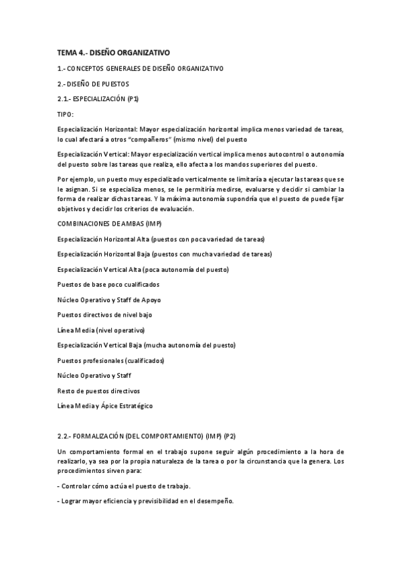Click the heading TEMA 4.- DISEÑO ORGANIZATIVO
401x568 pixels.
click(x=114, y=52)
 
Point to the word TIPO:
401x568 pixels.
click(x=66, y=115)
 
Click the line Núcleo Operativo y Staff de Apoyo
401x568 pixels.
click(x=109, y=299)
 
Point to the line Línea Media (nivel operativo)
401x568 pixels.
click(x=101, y=330)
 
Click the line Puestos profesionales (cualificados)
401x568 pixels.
click(x=110, y=360)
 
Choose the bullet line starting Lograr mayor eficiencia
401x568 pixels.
click(x=145, y=502)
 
